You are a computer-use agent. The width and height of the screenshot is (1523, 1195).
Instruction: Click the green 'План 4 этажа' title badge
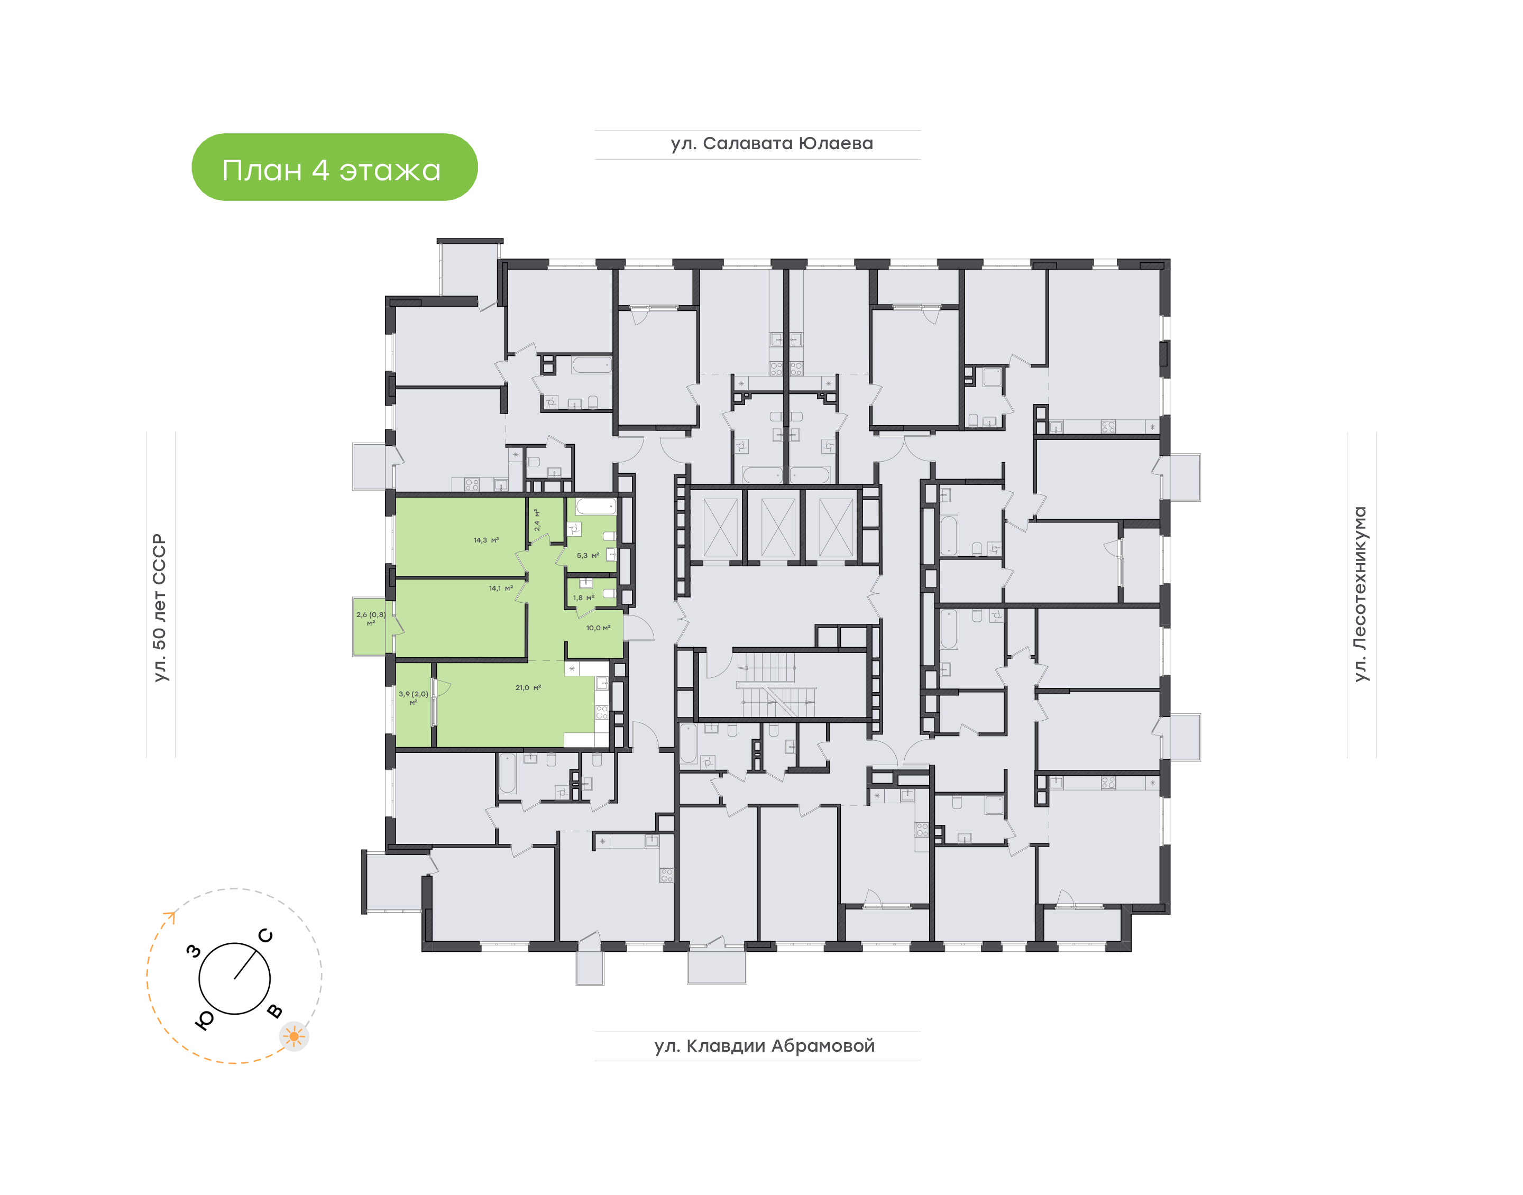pyautogui.click(x=334, y=167)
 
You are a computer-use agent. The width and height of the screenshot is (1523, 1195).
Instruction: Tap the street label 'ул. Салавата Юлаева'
pyautogui.click(x=772, y=143)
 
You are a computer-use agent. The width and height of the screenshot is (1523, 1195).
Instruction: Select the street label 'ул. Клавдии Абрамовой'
pyautogui.click(x=765, y=1046)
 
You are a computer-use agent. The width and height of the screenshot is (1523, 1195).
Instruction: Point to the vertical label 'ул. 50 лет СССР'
pyautogui.click(x=160, y=608)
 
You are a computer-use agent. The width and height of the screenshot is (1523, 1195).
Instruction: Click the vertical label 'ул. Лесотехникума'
pyautogui.click(x=1360, y=593)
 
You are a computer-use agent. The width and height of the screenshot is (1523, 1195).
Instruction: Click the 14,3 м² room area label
pyautogui.click(x=485, y=540)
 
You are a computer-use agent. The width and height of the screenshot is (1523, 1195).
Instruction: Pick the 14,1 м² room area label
pyautogui.click(x=501, y=589)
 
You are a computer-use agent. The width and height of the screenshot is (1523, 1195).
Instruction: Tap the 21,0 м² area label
pyautogui.click(x=528, y=688)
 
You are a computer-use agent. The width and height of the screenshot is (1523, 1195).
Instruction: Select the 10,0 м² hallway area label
pyautogui.click(x=598, y=628)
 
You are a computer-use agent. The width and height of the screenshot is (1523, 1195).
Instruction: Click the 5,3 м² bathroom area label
pyautogui.click(x=588, y=556)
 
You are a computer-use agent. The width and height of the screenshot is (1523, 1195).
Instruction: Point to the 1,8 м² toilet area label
pyautogui.click(x=583, y=598)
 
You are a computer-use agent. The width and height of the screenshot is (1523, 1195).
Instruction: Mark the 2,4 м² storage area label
pyautogui.click(x=537, y=520)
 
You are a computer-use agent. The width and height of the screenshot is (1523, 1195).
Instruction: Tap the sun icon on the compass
pyautogui.click(x=294, y=1036)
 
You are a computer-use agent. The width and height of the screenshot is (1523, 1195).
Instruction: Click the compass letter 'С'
pyautogui.click(x=266, y=935)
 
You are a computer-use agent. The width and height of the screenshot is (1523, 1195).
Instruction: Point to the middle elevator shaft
pyautogui.click(x=778, y=528)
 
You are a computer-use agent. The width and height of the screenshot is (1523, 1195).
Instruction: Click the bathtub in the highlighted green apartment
pyautogui.click(x=595, y=506)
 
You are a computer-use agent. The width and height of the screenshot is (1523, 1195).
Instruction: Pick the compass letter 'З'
pyautogui.click(x=194, y=951)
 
